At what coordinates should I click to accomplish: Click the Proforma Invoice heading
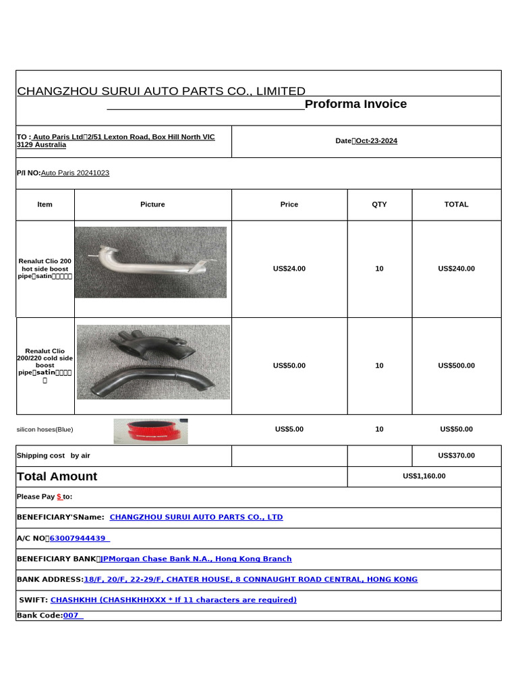[x=355, y=104]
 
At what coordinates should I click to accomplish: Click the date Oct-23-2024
[x=376, y=141]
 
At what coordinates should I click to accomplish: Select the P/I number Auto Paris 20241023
[x=75, y=173]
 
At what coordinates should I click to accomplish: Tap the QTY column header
[x=379, y=204]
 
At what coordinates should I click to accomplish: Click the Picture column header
[x=152, y=204]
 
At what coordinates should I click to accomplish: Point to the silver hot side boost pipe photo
[x=150, y=262]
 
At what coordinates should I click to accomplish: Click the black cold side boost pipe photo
[x=153, y=362]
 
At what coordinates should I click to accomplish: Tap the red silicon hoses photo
[x=150, y=431]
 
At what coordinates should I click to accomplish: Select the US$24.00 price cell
[x=289, y=269]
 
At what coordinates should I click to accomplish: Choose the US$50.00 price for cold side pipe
[x=289, y=366]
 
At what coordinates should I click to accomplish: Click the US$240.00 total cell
[x=456, y=269]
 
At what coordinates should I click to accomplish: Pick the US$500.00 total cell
[x=456, y=366]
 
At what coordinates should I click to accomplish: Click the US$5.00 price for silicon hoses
[x=289, y=429]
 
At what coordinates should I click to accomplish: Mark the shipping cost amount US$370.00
[x=456, y=455]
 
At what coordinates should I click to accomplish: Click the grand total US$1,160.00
[x=424, y=476]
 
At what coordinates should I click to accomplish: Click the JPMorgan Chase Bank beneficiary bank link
[x=196, y=559]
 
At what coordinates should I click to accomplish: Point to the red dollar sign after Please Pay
[x=59, y=497]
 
